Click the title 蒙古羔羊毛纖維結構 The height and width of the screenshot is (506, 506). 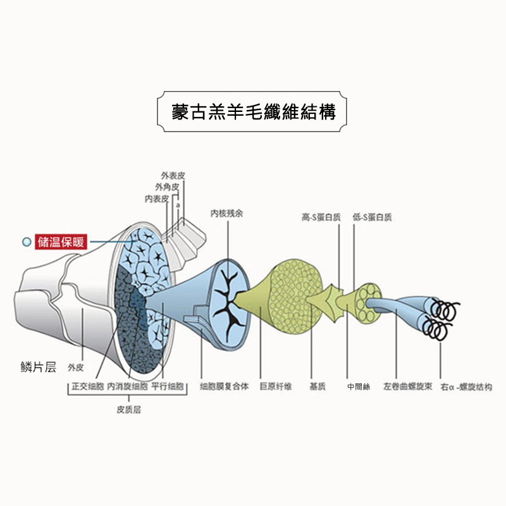tap(252, 113)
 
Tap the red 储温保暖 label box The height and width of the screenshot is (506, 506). tap(62, 242)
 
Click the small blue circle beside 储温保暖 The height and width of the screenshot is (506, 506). tap(26, 242)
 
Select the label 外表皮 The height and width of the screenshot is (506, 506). tap(173, 175)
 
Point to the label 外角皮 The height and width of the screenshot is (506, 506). tap(167, 187)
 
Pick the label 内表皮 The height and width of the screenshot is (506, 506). tap(156, 199)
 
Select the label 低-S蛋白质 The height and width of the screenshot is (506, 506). tap(372, 217)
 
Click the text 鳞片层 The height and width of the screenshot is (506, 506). tap(39, 367)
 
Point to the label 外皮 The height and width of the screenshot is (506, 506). tap(77, 367)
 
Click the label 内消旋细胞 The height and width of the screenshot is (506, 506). tap(127, 386)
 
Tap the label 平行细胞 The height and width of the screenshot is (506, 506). tap(168, 386)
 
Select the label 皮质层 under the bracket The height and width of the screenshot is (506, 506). tap(129, 409)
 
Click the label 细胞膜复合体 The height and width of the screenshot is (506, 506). tap(225, 386)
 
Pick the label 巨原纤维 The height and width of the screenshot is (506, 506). tap(275, 386)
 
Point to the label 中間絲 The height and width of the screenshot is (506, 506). tap(358, 386)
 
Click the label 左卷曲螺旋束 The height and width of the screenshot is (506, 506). tap(407, 386)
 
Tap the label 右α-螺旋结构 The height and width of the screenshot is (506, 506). tap(465, 386)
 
